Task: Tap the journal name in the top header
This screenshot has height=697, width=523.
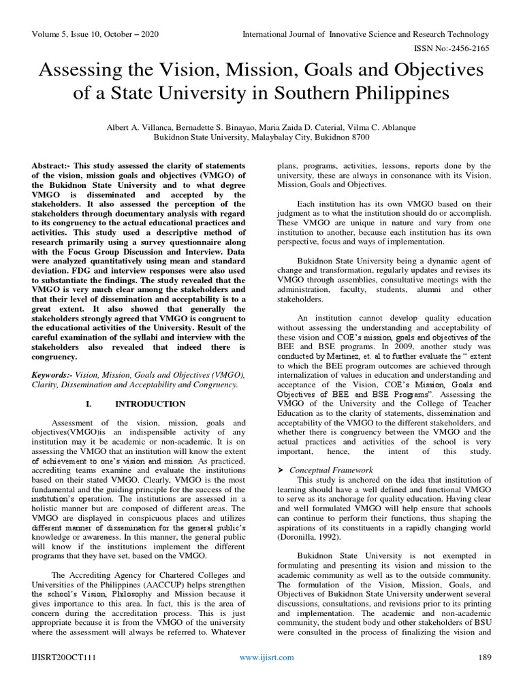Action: coord(366,35)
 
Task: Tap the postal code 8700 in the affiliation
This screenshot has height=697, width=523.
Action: coord(360,137)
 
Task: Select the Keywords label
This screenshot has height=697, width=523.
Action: coord(52,375)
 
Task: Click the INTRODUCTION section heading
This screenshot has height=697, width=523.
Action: coord(150,404)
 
